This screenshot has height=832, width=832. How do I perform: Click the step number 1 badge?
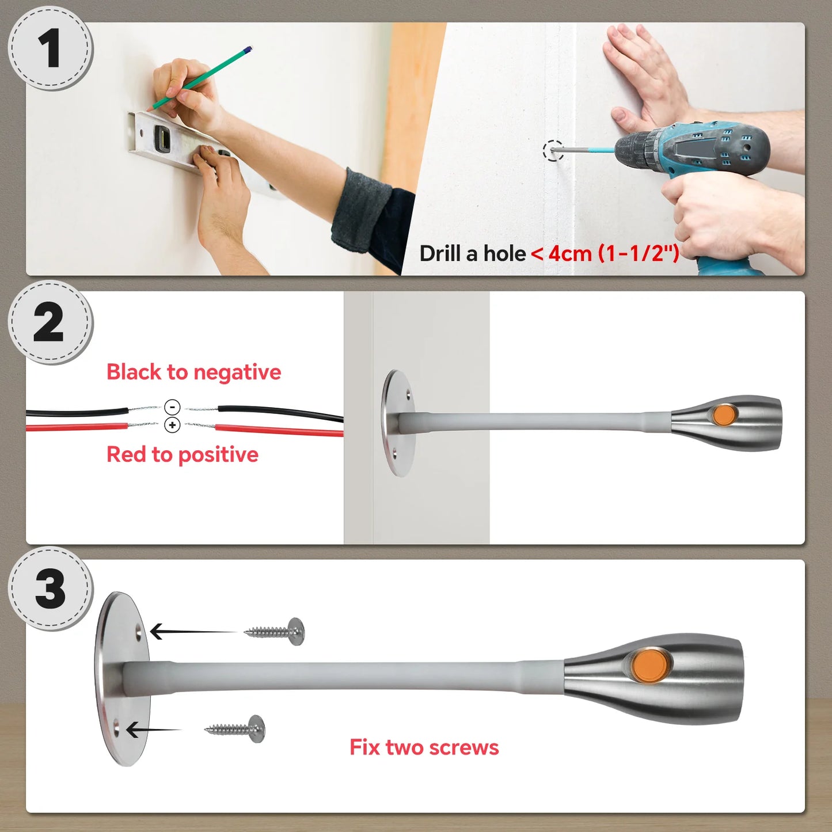pyautogui.click(x=51, y=48)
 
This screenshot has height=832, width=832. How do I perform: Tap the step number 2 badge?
pyautogui.click(x=50, y=322)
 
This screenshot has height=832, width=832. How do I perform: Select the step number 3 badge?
pyautogui.click(x=50, y=589)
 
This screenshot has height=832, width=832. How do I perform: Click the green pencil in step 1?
pyautogui.click(x=200, y=78)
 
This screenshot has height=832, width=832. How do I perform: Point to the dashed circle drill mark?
pyautogui.click(x=553, y=151)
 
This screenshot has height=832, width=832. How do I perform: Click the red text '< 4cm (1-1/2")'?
pyautogui.click(x=605, y=253)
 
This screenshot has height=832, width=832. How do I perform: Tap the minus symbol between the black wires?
pyautogui.click(x=172, y=406)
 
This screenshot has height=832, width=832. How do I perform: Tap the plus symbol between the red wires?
pyautogui.click(x=172, y=425)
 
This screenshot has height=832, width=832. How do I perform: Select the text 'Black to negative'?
pyautogui.click(x=194, y=372)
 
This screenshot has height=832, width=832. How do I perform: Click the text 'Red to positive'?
pyautogui.click(x=182, y=455)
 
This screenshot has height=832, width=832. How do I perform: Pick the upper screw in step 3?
pyautogui.click(x=275, y=631)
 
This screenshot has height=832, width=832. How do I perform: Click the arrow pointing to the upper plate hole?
pyautogui.click(x=193, y=632)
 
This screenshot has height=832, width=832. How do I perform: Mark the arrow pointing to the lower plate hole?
pyautogui.click(x=153, y=730)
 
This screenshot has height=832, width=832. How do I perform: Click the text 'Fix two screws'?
pyautogui.click(x=424, y=747)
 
